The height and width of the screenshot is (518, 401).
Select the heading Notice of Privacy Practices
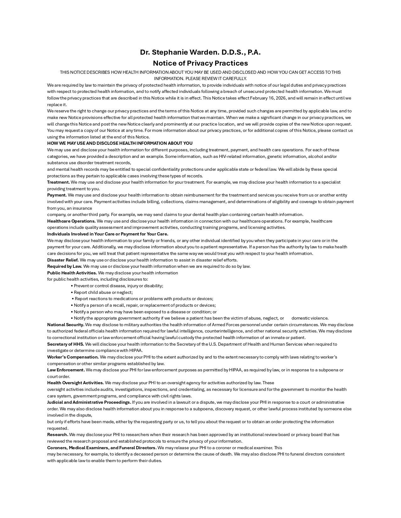(x=200, y=63)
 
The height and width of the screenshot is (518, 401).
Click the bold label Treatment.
(x=58, y=182)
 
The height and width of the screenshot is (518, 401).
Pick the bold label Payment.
(x=57, y=195)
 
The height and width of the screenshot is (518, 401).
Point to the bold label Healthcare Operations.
(x=71, y=221)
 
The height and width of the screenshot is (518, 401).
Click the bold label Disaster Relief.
(x=63, y=260)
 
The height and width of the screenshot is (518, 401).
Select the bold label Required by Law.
(x=64, y=266)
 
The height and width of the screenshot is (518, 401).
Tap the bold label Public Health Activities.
(x=72, y=273)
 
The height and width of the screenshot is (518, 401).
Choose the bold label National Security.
(x=66, y=325)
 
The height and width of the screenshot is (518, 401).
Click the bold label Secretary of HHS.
(x=65, y=344)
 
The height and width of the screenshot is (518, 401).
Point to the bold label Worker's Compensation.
(x=73, y=357)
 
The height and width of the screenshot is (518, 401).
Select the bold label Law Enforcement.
(x=66, y=370)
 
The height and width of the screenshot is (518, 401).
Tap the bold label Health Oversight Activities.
(x=75, y=383)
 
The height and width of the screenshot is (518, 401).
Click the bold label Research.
(x=58, y=434)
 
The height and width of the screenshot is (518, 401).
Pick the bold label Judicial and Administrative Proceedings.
(x=89, y=402)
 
